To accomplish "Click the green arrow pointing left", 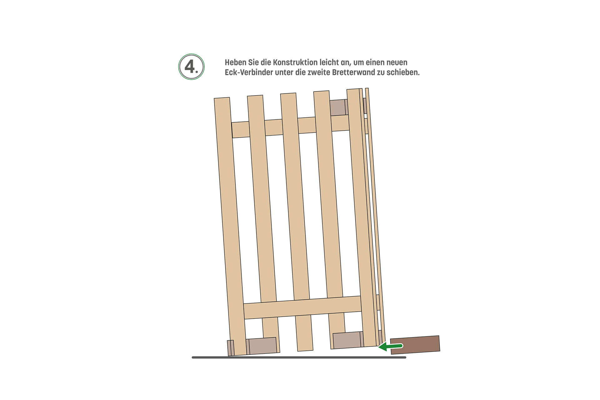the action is (x=390, y=346).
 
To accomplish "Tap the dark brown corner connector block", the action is (x=415, y=345).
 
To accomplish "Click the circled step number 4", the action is (x=191, y=67).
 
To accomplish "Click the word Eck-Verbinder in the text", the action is (x=249, y=72).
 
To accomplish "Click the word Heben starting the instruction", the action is (x=235, y=62).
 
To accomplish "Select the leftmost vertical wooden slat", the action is (x=230, y=227).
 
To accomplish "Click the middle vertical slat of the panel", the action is (x=297, y=222).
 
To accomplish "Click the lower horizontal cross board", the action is (x=302, y=307).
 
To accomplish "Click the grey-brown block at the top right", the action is (x=338, y=107).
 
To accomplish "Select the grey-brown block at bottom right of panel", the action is (x=348, y=340).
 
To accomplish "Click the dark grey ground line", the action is (x=299, y=357).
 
